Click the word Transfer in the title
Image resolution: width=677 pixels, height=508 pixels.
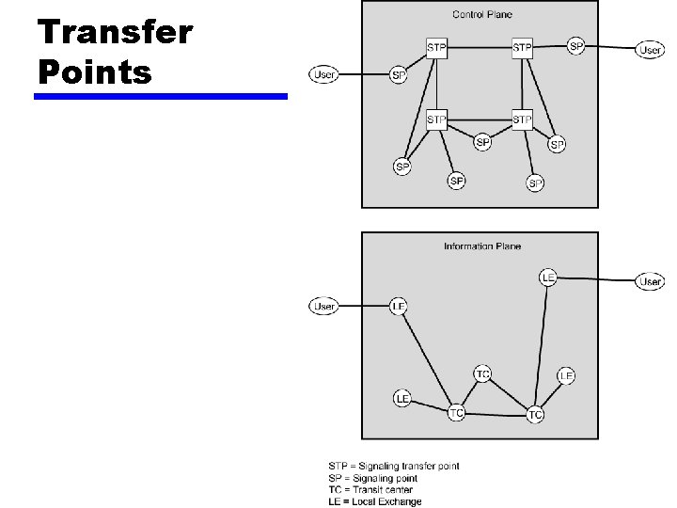115,32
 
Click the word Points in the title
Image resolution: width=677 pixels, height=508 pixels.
94,71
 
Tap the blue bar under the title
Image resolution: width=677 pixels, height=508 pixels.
161,96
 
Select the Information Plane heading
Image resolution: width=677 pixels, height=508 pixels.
481,246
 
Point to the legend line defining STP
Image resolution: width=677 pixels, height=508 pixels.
393,466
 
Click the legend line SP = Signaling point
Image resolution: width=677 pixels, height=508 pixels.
372,478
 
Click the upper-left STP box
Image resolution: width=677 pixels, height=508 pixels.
436,47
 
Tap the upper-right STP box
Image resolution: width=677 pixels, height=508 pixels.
522,47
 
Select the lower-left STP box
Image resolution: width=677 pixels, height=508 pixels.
436,119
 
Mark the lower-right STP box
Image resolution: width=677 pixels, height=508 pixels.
522,119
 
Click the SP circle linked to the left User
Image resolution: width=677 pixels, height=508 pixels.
399,75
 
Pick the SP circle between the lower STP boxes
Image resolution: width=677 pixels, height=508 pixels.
482,142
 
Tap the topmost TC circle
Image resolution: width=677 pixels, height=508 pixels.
482,374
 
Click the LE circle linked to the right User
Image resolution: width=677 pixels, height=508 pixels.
548,278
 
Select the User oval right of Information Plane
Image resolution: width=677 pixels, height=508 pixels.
651,281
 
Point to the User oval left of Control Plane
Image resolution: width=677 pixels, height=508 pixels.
324,74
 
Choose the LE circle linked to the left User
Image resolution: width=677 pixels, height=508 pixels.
399,306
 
